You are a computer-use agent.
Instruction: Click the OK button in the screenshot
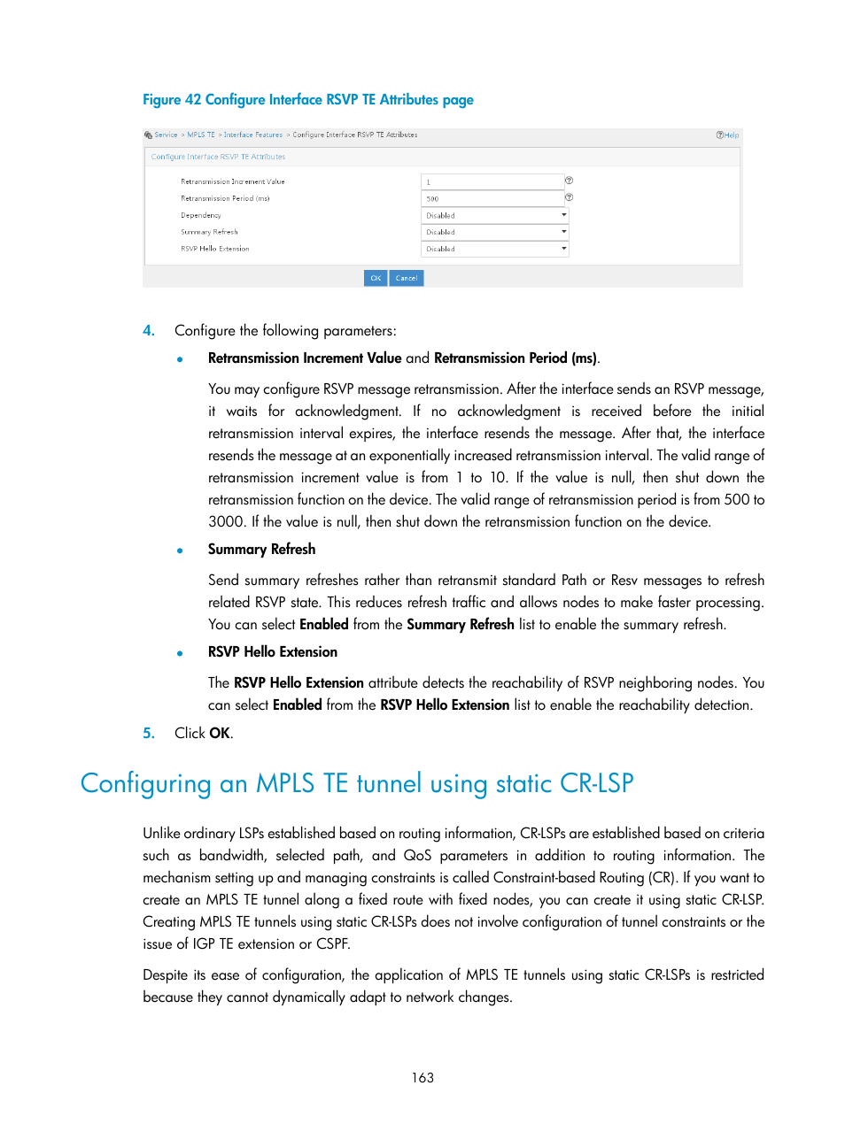pyautogui.click(x=376, y=278)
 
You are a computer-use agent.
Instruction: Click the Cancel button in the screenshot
pyautogui.click(x=407, y=278)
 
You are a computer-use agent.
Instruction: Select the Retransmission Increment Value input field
pyautogui.click(x=492, y=181)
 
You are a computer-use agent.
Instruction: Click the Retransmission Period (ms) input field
pyautogui.click(x=492, y=198)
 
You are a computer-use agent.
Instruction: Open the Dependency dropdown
pyautogui.click(x=495, y=215)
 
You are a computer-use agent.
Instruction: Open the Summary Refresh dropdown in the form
pyautogui.click(x=495, y=232)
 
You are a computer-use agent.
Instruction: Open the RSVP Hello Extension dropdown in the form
pyautogui.click(x=495, y=249)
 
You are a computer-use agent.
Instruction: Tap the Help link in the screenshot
pyautogui.click(x=728, y=135)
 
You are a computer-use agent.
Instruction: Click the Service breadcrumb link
pyautogui.click(x=166, y=135)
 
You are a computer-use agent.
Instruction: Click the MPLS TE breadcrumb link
pyautogui.click(x=201, y=135)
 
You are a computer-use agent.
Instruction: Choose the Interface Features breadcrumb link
pyautogui.click(x=252, y=135)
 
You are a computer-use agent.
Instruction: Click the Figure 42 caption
pyautogui.click(x=308, y=100)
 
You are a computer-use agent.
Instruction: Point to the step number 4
pyautogui.click(x=149, y=331)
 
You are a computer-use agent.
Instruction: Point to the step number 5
pyautogui.click(x=149, y=733)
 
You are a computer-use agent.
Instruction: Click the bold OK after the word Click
pyautogui.click(x=220, y=733)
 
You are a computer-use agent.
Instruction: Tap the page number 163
pyautogui.click(x=422, y=1078)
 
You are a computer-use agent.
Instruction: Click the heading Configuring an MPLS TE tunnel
pyautogui.click(x=357, y=784)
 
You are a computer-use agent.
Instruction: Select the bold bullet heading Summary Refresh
pyautogui.click(x=261, y=550)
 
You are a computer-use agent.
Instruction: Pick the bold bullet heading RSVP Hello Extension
pyautogui.click(x=273, y=652)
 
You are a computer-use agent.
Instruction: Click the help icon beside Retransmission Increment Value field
pyautogui.click(x=570, y=181)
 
